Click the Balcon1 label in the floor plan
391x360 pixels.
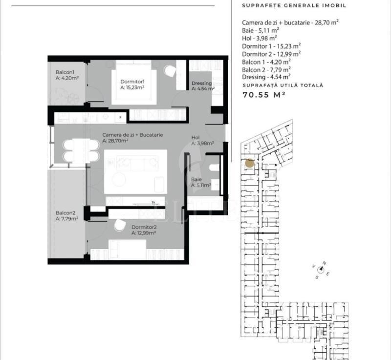[65, 72]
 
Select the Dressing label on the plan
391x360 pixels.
[201, 83]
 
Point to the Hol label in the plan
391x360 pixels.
[195, 138]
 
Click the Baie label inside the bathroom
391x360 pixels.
[196, 179]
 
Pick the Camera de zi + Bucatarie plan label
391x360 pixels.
[132, 135]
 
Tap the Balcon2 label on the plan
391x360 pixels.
[65, 213]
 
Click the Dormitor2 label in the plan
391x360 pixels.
[144, 227]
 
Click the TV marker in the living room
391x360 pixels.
[153, 203]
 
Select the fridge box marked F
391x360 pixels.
[121, 117]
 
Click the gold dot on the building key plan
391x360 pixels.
[250, 164]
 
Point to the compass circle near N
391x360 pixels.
[321, 269]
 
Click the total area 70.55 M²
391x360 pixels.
[264, 95]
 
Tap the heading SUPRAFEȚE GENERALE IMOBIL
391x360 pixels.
[294, 5]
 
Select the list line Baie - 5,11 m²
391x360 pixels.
[261, 31]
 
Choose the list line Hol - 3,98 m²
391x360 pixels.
[260, 39]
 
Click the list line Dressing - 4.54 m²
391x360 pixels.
[266, 77]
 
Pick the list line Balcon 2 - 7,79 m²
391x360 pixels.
[266, 69]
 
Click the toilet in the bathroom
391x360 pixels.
[214, 168]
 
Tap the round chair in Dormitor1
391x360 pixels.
[170, 71]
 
